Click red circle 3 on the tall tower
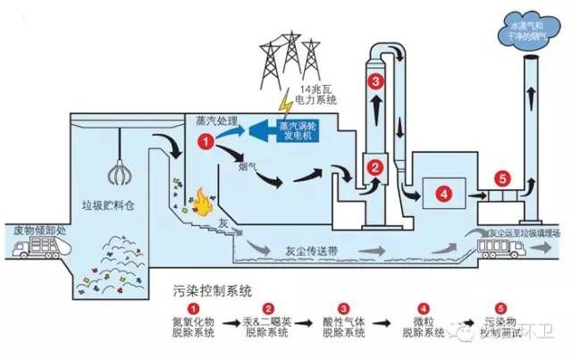(x=376, y=81)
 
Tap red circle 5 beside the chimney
(x=503, y=179)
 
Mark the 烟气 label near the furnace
(x=223, y=166)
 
